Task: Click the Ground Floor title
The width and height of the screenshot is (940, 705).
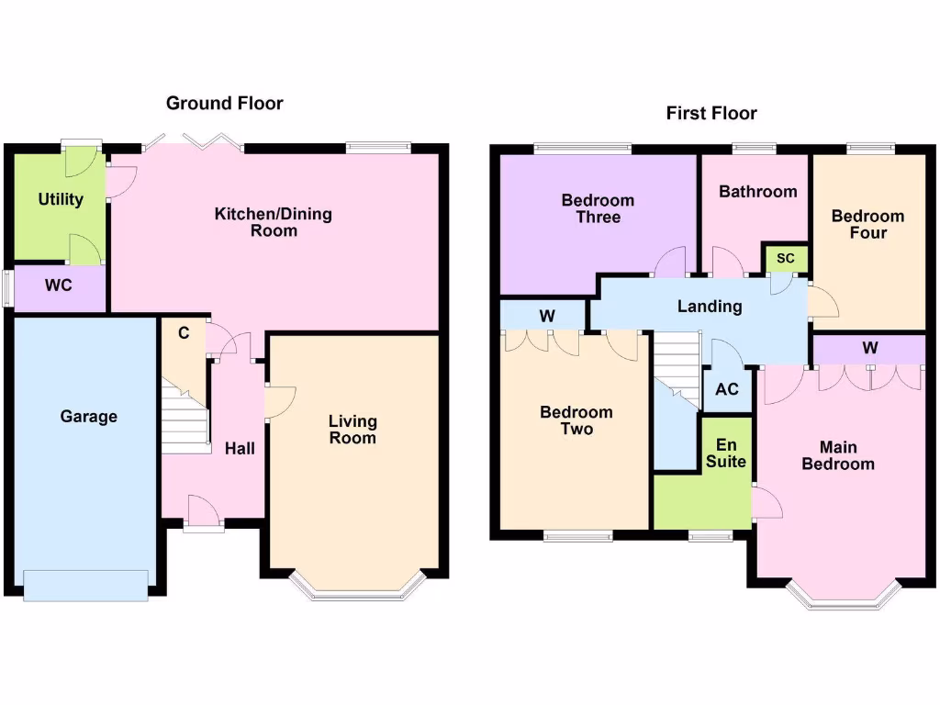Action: point(224,104)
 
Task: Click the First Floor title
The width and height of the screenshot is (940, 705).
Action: point(711,114)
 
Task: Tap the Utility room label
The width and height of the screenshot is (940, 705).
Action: point(61,199)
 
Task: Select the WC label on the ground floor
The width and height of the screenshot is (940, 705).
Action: point(59,285)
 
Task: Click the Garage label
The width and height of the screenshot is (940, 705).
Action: point(89,417)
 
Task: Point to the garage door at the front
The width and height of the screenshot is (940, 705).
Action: point(85,585)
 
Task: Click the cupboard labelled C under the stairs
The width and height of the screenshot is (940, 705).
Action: point(184,334)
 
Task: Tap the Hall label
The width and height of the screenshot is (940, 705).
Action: point(240,449)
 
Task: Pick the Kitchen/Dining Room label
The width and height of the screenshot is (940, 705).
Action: point(274,222)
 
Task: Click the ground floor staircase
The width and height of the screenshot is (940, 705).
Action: point(185,418)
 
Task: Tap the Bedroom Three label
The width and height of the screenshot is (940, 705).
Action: point(598,209)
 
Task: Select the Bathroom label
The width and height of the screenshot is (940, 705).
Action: point(757,192)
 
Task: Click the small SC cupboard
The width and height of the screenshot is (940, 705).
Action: point(785,259)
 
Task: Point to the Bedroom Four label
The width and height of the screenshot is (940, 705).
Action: point(867,225)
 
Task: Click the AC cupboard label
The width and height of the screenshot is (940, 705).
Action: point(726,389)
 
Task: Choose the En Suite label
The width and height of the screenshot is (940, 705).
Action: point(726,453)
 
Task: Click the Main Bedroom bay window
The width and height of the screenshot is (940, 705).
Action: point(842,599)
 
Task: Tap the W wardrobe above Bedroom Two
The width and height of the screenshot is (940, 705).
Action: point(547,317)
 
